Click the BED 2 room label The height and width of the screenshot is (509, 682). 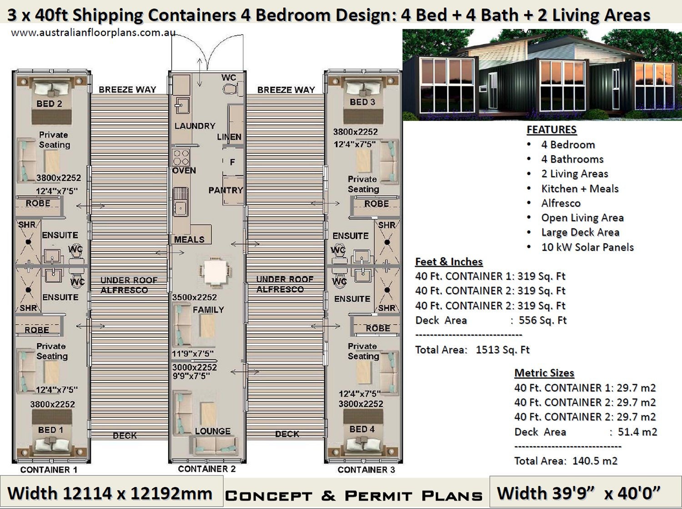(x=49, y=104)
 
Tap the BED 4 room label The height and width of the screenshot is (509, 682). (x=362, y=429)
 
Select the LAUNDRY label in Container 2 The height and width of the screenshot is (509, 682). (x=195, y=126)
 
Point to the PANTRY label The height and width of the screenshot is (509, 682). (x=226, y=190)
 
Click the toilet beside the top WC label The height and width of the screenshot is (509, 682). (x=231, y=89)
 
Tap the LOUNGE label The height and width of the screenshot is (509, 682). (x=212, y=431)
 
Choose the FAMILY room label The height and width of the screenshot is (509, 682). (x=208, y=310)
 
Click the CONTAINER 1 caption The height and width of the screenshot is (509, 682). (x=49, y=469)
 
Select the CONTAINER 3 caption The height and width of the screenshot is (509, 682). (x=366, y=469)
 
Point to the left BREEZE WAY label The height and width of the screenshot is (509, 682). (x=127, y=89)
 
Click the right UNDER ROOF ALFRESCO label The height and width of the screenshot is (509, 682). (x=284, y=284)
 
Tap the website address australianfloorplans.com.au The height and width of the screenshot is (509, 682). (x=93, y=33)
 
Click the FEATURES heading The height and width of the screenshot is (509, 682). (x=552, y=129)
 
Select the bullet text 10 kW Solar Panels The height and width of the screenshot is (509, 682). (x=587, y=247)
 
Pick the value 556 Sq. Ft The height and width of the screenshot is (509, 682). (x=542, y=320)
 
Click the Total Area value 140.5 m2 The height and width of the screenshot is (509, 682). (x=595, y=461)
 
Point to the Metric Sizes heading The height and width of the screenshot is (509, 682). (x=544, y=373)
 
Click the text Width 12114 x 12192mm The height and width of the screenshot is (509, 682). (x=110, y=494)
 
